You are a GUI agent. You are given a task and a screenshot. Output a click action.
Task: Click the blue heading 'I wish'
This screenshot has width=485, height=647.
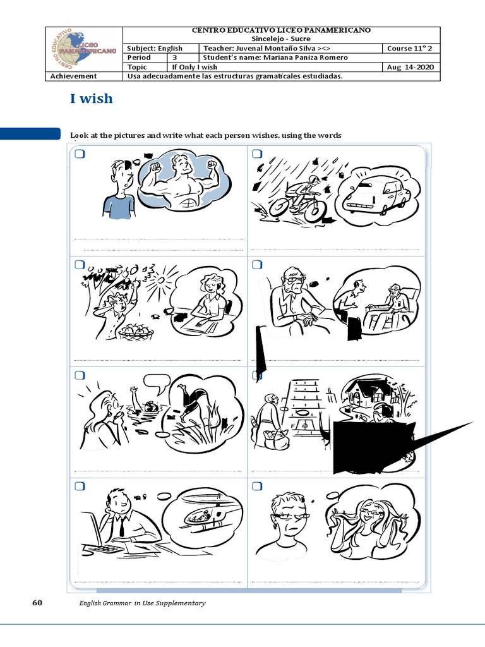(91, 99)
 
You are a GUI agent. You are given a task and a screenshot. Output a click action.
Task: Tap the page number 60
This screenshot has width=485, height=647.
(37, 603)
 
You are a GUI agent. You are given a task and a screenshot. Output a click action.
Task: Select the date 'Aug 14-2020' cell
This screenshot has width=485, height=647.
(410, 67)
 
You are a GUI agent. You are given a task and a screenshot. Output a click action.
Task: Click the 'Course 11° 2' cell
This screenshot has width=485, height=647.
(410, 48)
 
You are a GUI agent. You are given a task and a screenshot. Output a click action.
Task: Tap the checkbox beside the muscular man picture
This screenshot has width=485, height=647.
(80, 155)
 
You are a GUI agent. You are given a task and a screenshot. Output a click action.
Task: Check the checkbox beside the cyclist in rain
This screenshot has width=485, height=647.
(257, 155)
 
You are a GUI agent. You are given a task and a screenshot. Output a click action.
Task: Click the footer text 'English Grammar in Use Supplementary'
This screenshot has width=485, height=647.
(142, 603)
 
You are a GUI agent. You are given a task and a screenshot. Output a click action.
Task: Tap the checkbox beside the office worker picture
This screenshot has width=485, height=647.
(80, 486)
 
